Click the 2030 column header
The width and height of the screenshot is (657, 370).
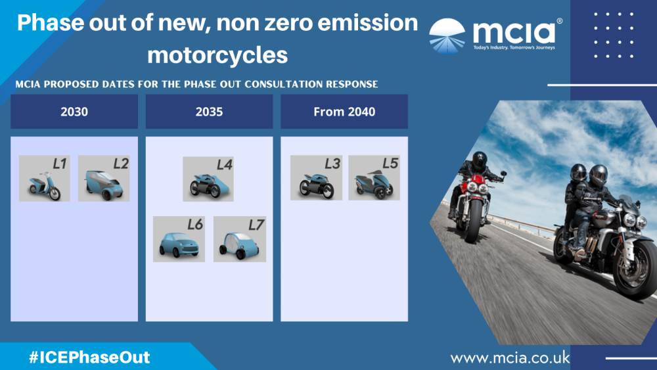[74, 112]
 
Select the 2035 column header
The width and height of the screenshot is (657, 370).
[209, 112]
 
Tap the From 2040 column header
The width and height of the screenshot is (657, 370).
[344, 112]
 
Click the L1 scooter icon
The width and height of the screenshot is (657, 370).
[45, 178]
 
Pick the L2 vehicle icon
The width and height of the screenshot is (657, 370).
[104, 178]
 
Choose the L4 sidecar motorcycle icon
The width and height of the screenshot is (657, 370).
[208, 179]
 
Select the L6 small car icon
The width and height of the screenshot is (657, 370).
[179, 239]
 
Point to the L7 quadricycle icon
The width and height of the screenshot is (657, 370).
[240, 239]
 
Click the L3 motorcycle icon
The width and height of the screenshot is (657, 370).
[317, 177]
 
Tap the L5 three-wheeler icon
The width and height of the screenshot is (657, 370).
[374, 177]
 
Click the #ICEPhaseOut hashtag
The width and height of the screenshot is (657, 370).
[89, 358]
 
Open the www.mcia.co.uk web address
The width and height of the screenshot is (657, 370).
[510, 358]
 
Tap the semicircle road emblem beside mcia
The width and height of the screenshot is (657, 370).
[447, 36]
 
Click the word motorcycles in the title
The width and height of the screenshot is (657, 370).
[217, 55]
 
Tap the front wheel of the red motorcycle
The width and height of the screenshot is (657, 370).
[475, 220]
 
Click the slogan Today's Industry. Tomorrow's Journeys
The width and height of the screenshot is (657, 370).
[514, 48]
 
